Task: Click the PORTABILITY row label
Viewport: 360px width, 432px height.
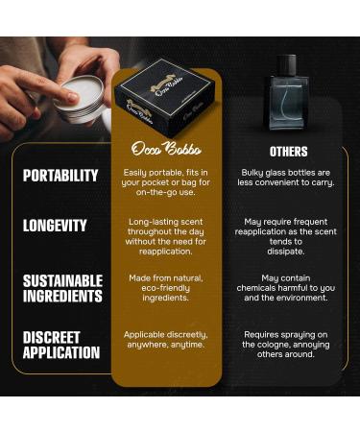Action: [60, 176]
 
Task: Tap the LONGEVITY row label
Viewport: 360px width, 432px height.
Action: [55, 227]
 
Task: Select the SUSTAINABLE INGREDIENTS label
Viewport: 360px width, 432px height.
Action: [62, 288]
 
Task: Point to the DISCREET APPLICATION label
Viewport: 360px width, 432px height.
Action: [60, 345]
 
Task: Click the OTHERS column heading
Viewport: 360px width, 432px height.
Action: [289, 151]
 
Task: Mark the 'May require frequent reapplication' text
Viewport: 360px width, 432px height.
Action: [289, 236]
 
